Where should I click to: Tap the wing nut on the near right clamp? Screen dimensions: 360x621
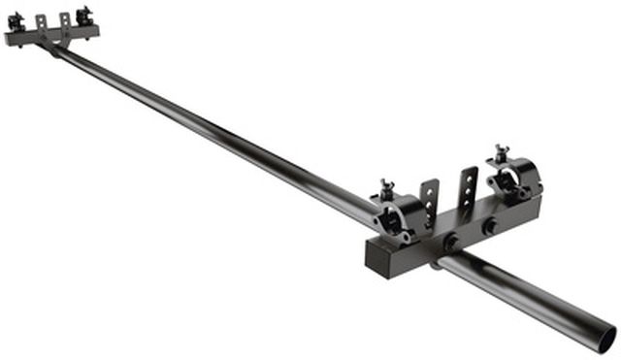tap(501, 155)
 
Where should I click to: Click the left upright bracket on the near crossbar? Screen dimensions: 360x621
tap(429, 201)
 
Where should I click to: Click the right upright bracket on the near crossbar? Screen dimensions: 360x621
tap(468, 187)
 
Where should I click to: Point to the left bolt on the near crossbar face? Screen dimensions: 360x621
tap(451, 242)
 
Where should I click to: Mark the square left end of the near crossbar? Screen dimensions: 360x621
tap(380, 258)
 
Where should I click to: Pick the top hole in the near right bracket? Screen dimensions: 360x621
tap(472, 176)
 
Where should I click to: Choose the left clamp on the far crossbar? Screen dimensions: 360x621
tap(16, 22)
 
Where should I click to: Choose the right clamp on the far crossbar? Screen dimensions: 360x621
tap(84, 16)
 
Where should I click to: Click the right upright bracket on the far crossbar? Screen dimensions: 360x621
tap(65, 20)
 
